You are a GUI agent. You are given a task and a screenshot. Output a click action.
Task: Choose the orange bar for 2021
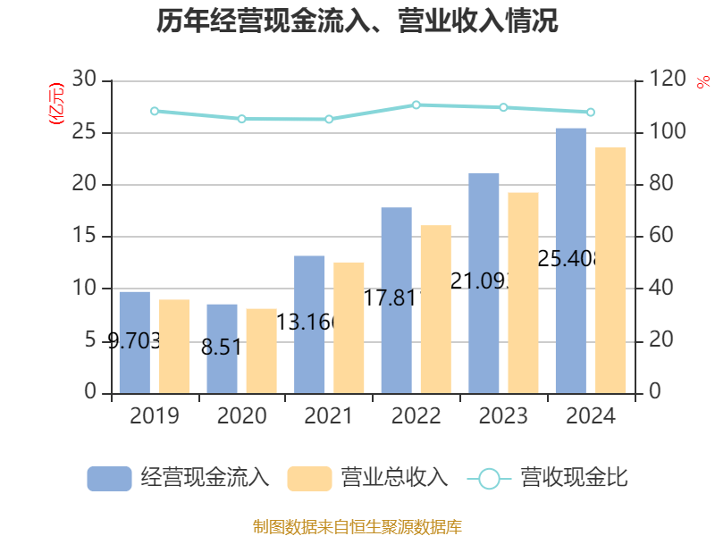(x=349, y=327)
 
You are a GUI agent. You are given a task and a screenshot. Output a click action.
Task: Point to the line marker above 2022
(x=416, y=105)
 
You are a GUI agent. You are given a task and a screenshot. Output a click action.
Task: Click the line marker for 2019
(x=155, y=112)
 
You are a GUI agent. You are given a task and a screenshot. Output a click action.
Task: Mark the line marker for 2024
(x=590, y=112)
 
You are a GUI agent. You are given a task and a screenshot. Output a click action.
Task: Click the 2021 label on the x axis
(x=329, y=416)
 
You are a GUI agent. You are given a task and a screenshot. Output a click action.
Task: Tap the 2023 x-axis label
(x=503, y=416)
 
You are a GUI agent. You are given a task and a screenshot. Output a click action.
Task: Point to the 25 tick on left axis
(x=84, y=133)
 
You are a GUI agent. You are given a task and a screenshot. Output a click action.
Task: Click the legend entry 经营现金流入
(x=178, y=478)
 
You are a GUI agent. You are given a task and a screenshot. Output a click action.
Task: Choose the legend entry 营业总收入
(x=367, y=478)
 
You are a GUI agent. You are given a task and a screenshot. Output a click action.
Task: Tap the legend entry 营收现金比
(x=547, y=478)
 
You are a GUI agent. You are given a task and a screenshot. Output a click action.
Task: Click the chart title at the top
(x=357, y=21)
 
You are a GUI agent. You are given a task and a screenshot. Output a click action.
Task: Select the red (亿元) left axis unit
(x=56, y=103)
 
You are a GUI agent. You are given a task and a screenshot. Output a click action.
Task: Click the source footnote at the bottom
(x=357, y=526)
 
